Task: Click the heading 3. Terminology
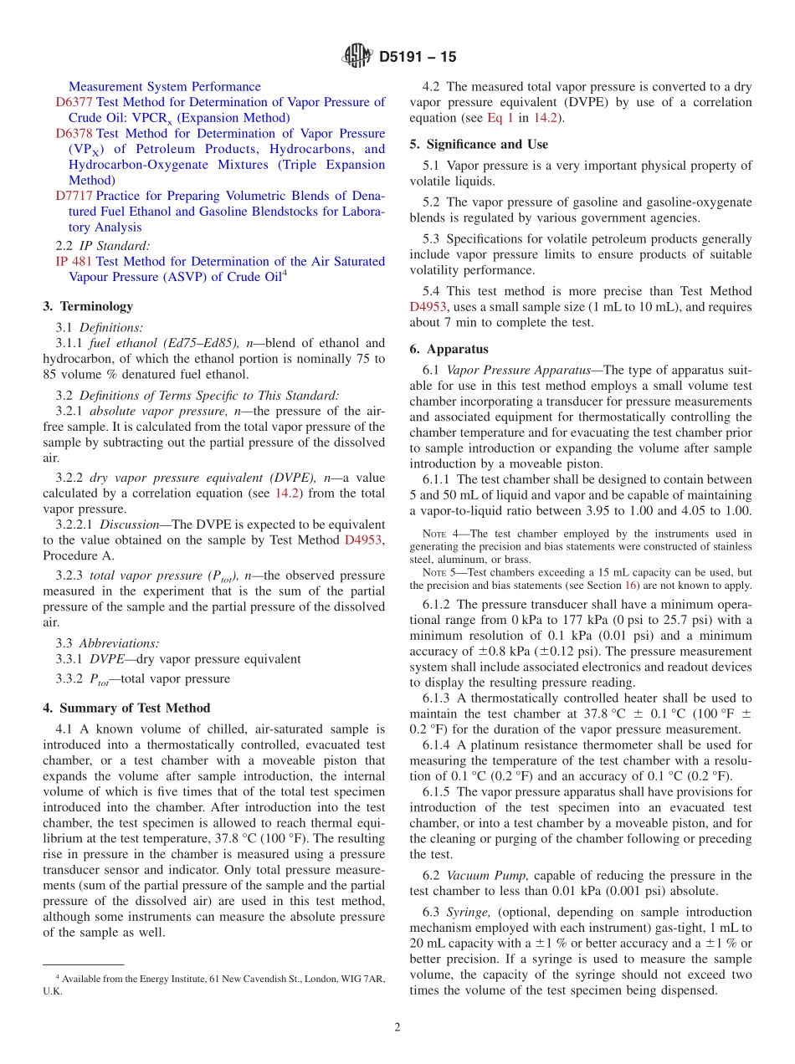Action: tap(88, 307)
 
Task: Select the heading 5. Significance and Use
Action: tap(479, 144)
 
